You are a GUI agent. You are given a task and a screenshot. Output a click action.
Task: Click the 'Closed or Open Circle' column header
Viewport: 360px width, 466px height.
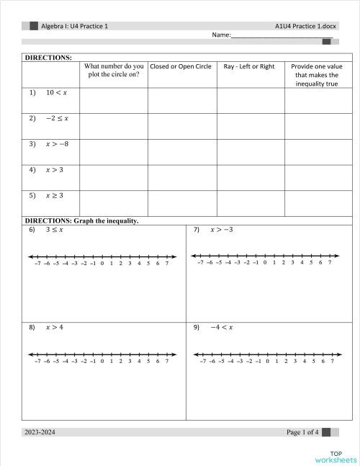181,67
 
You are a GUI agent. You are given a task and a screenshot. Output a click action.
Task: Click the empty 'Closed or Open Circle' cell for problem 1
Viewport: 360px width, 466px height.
181,99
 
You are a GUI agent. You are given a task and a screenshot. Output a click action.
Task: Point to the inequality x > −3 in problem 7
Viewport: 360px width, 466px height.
221,230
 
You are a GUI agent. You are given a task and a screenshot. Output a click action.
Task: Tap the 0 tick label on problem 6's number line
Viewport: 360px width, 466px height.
102,264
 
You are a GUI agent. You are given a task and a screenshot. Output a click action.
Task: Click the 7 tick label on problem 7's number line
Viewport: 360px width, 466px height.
330,263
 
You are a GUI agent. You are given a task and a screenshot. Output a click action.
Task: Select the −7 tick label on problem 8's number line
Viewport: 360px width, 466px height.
37,361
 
